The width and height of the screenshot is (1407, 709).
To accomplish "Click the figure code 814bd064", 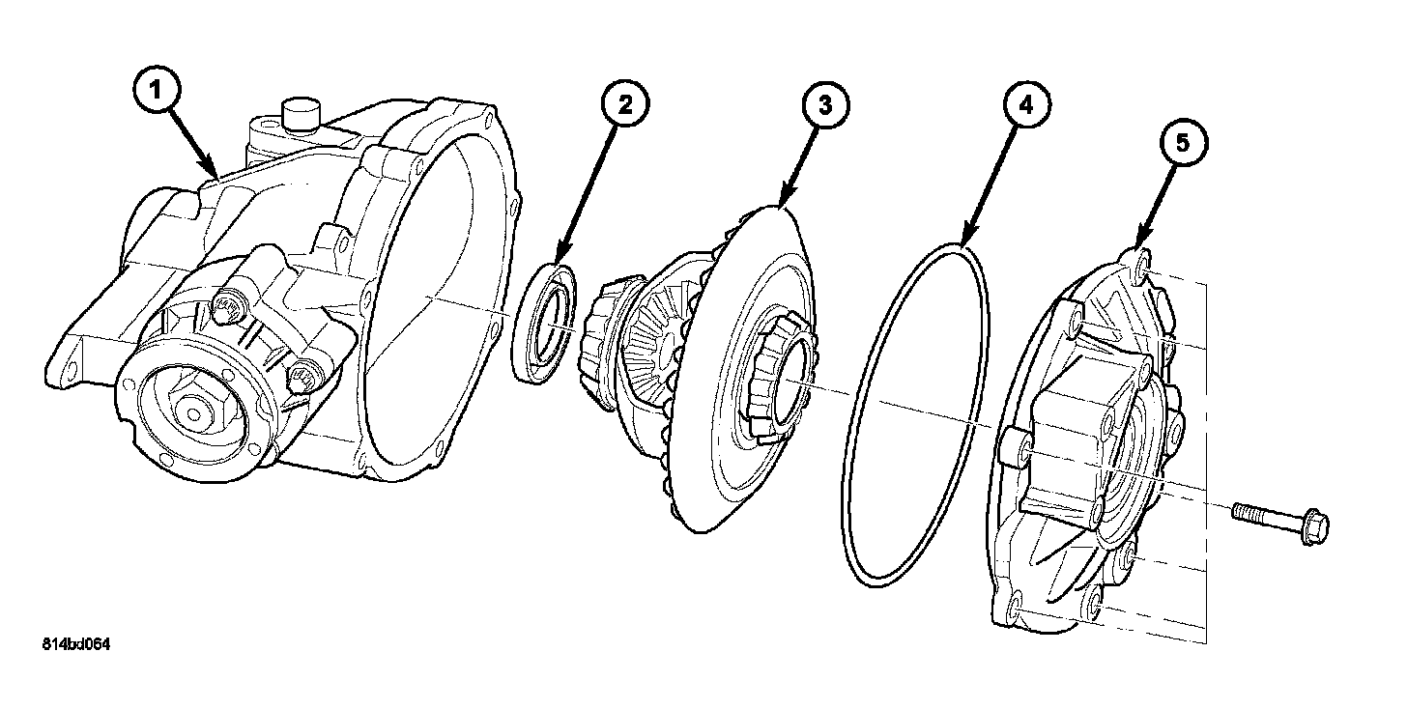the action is (x=75, y=644).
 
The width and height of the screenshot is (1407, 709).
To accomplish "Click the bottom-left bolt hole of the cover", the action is (x=1013, y=606).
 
